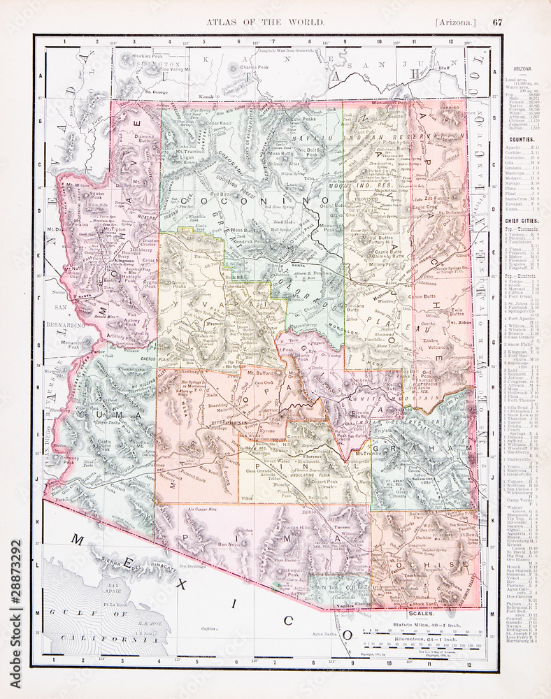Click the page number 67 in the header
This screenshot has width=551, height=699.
(497, 22)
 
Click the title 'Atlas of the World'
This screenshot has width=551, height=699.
(265, 22)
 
